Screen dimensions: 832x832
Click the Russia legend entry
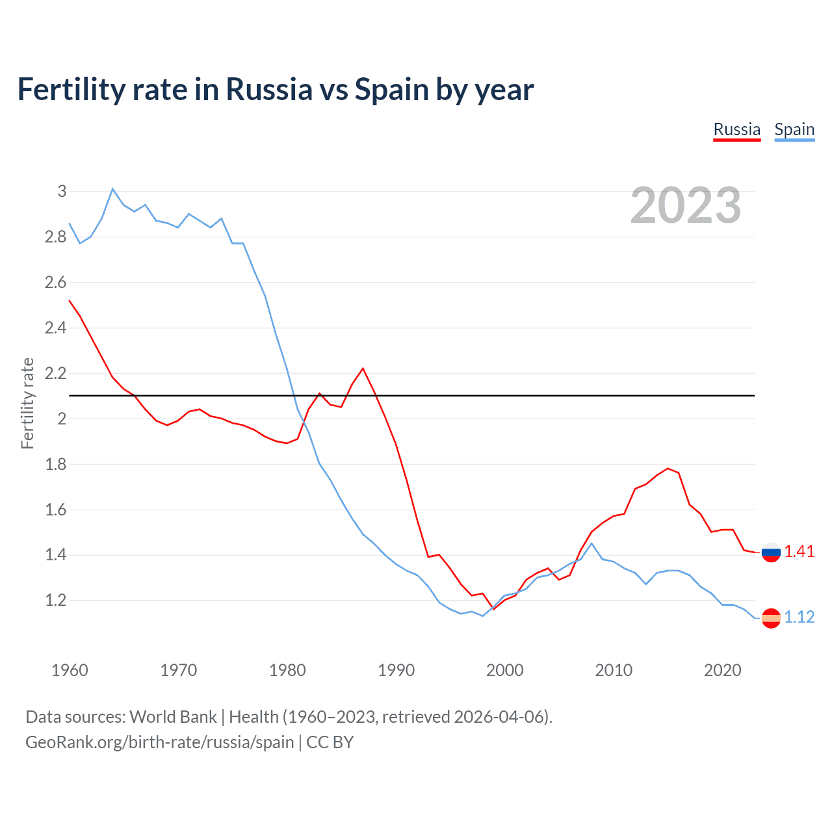736,129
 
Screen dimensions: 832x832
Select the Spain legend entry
794,129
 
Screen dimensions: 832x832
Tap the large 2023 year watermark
686,205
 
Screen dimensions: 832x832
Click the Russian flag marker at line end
771,552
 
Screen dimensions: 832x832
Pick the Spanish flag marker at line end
771,618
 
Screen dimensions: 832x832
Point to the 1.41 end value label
799,552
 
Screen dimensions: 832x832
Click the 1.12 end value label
799,617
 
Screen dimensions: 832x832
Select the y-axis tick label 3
62,191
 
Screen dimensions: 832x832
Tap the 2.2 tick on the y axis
56,373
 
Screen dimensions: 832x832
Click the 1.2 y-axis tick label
56,601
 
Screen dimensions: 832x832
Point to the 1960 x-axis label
70,670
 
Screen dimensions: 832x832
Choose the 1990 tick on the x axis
396,670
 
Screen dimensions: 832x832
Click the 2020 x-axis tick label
722,670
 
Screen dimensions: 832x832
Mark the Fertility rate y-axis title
27,403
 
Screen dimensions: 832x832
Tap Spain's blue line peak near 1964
112,189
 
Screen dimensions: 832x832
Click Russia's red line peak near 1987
363,369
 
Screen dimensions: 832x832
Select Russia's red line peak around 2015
668,468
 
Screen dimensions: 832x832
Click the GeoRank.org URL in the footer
159,742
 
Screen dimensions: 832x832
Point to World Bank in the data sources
173,717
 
